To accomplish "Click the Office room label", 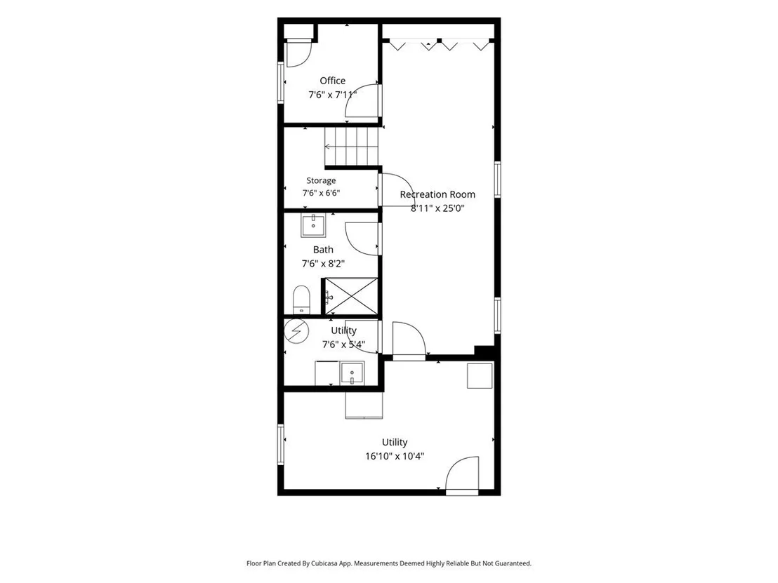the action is click(332, 81).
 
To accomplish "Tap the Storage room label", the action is click(321, 180).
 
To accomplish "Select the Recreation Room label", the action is click(437, 194).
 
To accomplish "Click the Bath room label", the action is click(323, 250).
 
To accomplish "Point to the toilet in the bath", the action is click(301, 300).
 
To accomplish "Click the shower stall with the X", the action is click(351, 296).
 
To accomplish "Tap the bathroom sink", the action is click(314, 226).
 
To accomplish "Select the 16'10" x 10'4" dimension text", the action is click(395, 456).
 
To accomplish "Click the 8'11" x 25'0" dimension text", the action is click(437, 208).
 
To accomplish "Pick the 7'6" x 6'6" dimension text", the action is click(322, 193).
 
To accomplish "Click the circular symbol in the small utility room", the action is click(296, 330).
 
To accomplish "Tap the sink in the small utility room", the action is click(352, 373).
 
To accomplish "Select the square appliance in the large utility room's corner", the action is click(480, 375).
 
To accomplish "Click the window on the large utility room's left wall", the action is click(281, 444).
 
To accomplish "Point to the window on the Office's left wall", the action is click(281, 82).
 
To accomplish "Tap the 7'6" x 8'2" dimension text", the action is click(324, 264).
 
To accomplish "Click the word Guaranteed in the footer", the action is click(515, 563).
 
